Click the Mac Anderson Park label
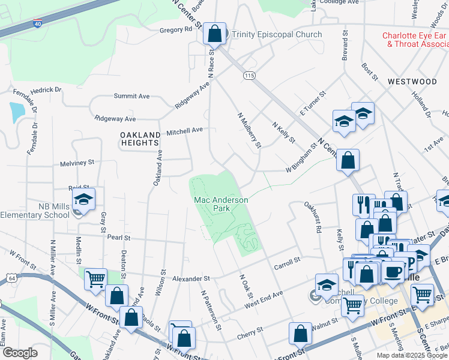[220, 204]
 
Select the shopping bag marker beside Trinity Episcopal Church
[215, 35]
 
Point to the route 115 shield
[250, 75]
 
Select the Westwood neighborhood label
[412, 81]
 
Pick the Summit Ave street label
[132, 96]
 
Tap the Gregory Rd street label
[175, 29]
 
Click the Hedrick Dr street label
[46, 90]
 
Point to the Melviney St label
[77, 162]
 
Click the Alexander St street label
[191, 278]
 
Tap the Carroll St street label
[287, 262]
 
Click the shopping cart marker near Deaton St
[96, 278]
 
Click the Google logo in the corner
[20, 353]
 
